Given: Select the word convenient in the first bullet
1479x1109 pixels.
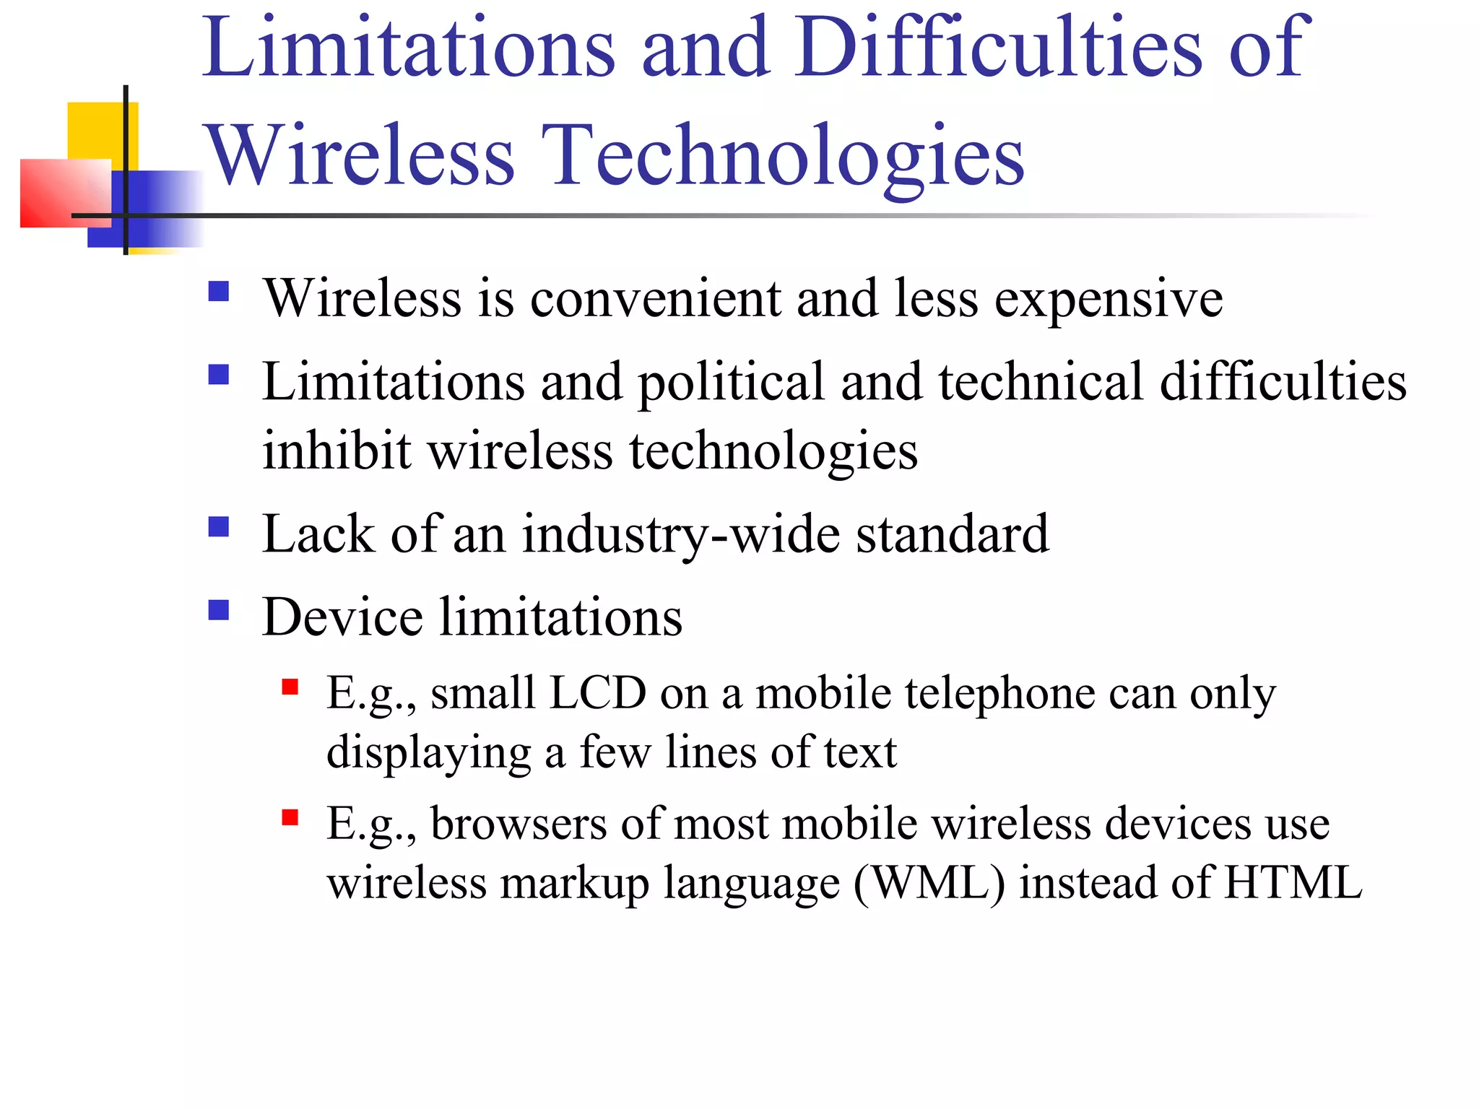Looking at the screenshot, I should pos(655,298).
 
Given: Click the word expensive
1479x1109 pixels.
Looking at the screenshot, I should pos(1109,300).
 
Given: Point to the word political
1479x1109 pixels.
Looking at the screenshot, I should pos(731,383).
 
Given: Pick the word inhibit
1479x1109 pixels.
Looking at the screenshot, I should pos(337,451).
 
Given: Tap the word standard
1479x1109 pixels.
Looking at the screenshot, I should pos(952,534).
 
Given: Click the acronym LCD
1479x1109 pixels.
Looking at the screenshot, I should pos(597,693).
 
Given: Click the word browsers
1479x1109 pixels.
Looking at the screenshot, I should pos(519,824).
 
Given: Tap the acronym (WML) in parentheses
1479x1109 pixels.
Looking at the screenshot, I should pos(929,883).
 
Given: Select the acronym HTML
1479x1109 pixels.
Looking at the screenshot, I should pos(1293,882).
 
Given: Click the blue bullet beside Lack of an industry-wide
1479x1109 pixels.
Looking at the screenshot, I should pos(218,527).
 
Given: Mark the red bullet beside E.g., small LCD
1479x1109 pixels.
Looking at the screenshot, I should pos(290,687).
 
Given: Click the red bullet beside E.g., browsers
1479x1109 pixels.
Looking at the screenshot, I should pos(290,817).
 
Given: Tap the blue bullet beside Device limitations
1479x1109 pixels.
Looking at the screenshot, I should pos(218,611).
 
